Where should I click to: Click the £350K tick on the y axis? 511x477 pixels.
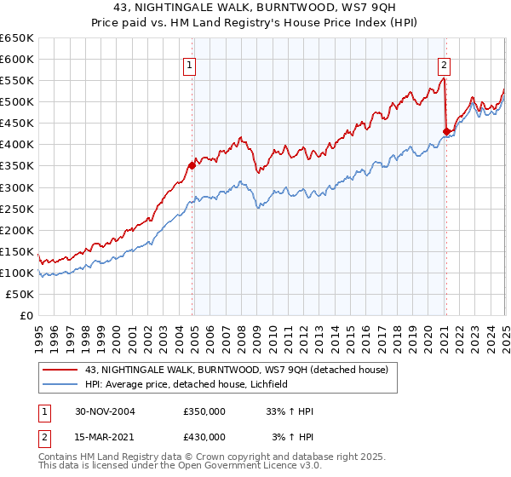(16, 166)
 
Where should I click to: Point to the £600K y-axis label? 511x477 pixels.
(16, 59)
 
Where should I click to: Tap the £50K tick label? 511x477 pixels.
(20, 294)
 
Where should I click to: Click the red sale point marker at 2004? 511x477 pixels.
(192, 165)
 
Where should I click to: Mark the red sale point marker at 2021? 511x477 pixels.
(446, 131)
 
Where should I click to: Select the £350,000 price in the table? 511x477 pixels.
(204, 411)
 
